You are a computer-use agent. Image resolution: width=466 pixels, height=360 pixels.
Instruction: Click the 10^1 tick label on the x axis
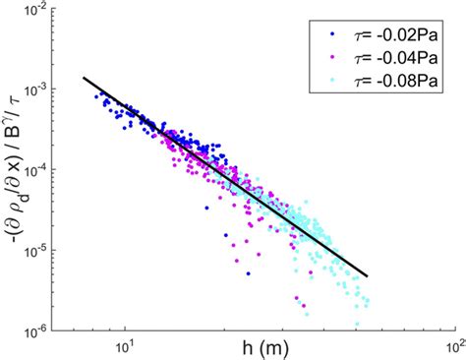click(x=125, y=345)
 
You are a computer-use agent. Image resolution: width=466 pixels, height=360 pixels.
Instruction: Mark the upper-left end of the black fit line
click(x=83, y=77)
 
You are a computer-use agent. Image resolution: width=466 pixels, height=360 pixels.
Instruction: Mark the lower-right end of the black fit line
click(x=368, y=276)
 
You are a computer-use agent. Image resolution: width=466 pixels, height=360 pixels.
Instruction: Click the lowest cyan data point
click(x=357, y=324)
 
